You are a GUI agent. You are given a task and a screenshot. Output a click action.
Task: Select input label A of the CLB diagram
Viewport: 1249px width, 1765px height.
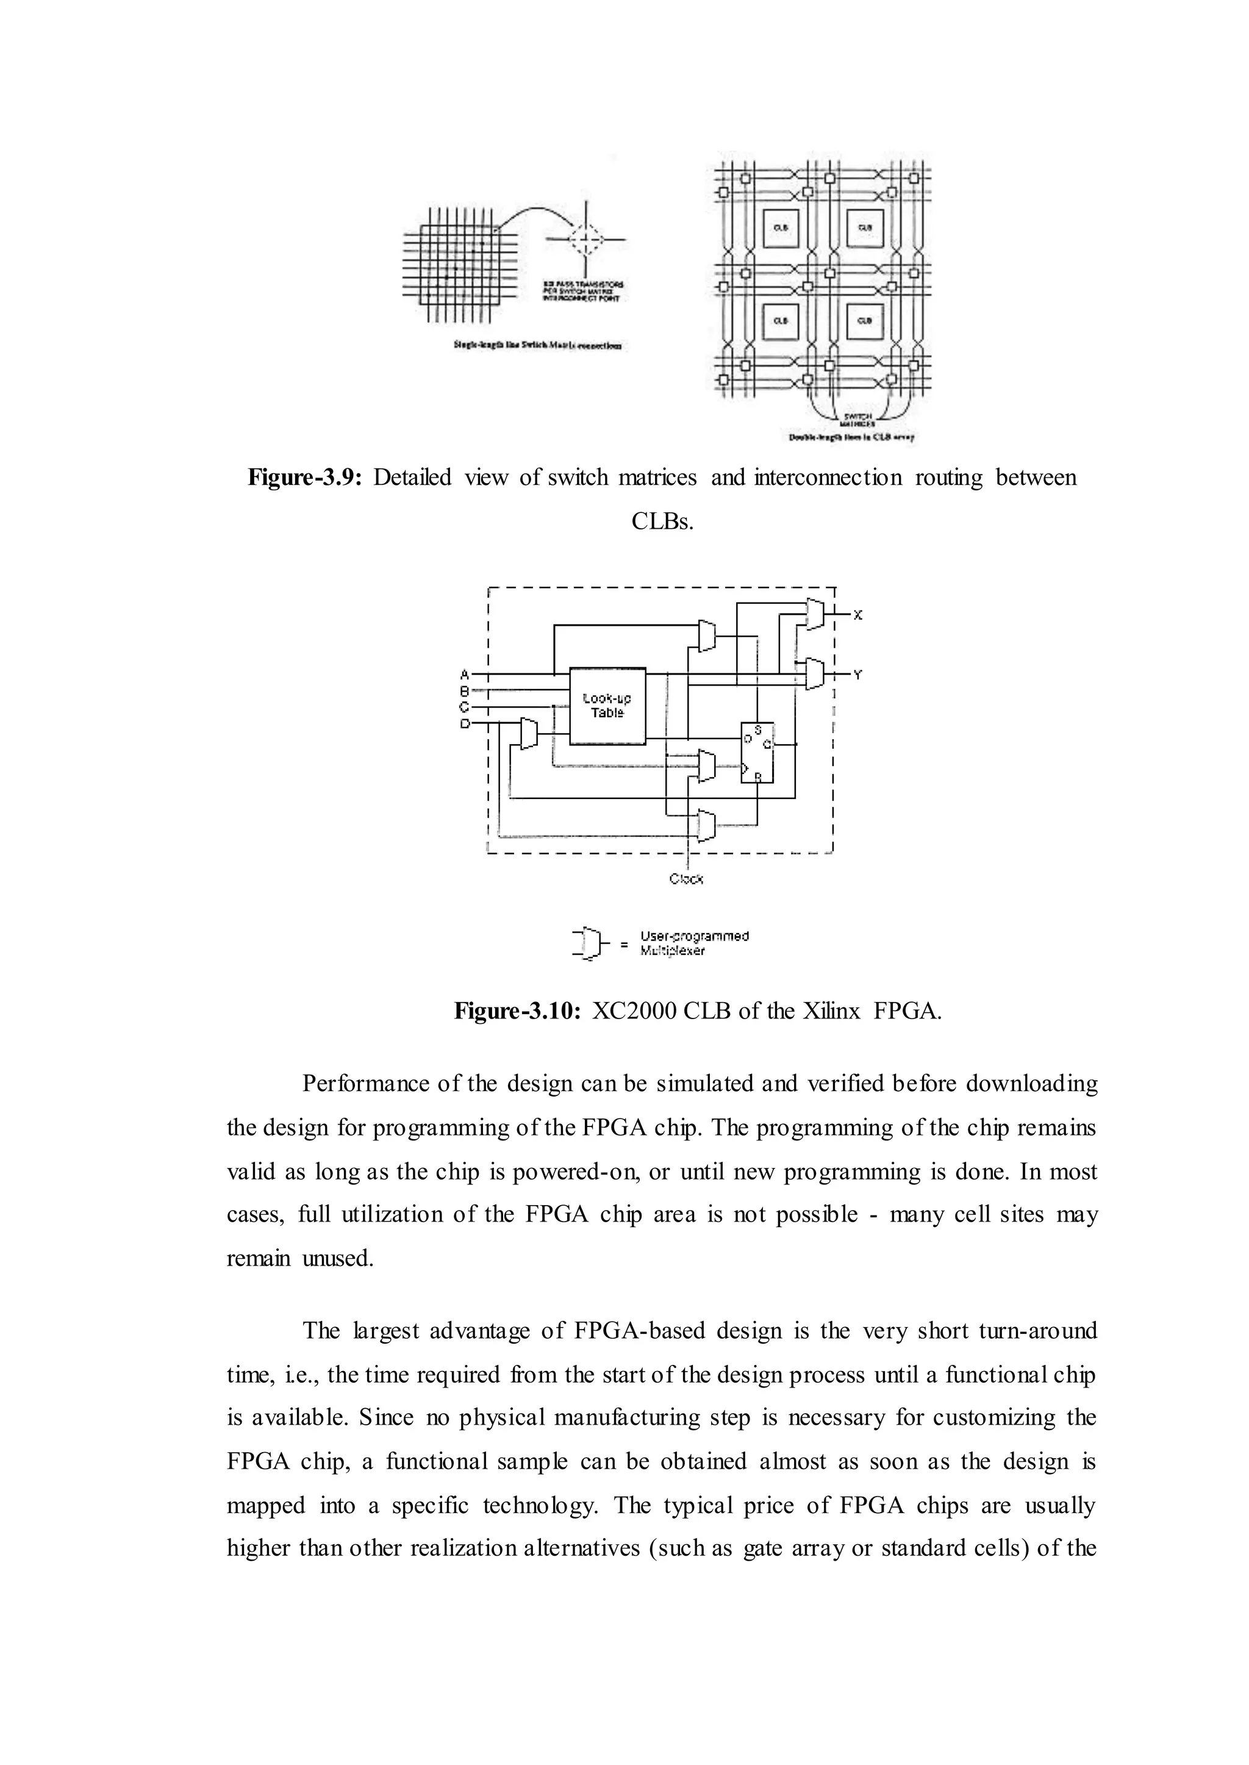[x=465, y=674]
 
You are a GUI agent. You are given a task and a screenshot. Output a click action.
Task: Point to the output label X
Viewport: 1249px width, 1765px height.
[x=858, y=615]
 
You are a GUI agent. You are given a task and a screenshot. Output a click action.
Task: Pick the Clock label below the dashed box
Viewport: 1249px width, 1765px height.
[x=686, y=878]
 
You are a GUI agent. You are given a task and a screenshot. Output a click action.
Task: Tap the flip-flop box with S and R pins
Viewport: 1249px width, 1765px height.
[x=757, y=752]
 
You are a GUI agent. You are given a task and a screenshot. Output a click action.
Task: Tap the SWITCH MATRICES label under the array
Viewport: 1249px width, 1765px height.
[x=851, y=418]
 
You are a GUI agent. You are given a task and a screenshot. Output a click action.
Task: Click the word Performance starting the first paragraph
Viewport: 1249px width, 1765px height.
[x=359, y=1084]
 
